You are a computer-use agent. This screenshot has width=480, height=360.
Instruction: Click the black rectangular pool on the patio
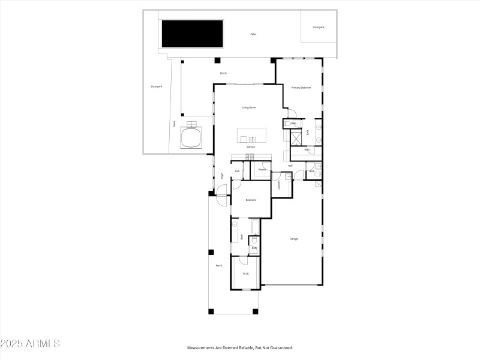[x=191, y=34]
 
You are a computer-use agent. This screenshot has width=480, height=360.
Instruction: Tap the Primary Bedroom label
[x=301, y=88]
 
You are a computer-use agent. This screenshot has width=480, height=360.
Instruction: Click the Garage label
[x=294, y=239]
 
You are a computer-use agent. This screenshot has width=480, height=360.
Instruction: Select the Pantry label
[x=262, y=170]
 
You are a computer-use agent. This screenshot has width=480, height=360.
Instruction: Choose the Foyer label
[x=222, y=176]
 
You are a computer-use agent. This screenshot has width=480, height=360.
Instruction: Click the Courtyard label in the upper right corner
[x=319, y=27]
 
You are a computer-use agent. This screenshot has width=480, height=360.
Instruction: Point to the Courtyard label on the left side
[x=156, y=86]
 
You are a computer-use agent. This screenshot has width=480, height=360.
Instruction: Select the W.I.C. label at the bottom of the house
[x=246, y=274]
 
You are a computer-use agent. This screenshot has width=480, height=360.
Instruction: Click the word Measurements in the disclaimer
[x=201, y=348]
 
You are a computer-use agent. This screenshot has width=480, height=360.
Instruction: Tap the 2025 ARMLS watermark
[x=30, y=344]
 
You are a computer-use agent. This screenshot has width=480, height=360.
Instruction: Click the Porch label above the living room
[x=223, y=73]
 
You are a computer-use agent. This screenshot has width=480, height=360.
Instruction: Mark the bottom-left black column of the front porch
[x=211, y=311]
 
